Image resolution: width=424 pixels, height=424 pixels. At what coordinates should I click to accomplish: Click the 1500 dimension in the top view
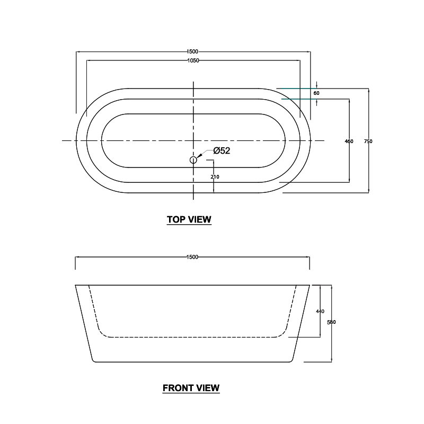(x=192, y=51)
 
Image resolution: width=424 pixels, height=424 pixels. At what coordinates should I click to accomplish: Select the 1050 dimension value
(x=192, y=61)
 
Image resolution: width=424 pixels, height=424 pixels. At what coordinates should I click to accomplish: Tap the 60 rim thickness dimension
(x=316, y=93)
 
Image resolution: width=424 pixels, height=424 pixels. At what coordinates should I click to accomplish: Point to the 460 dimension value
(x=349, y=142)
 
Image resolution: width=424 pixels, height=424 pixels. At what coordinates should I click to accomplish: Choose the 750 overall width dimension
(x=369, y=142)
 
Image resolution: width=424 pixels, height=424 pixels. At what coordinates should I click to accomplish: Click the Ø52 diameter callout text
(x=222, y=151)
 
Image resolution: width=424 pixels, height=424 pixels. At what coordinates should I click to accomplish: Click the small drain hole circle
(x=193, y=160)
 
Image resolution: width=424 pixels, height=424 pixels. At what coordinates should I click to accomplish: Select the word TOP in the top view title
(x=176, y=219)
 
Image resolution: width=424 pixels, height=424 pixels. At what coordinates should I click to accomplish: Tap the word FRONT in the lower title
(x=177, y=388)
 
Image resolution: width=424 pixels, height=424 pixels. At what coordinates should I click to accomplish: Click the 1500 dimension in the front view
(x=192, y=257)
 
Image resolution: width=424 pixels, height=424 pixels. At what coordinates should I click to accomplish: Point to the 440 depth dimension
(x=320, y=311)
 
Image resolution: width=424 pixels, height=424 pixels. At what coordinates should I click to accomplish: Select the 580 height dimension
(x=332, y=322)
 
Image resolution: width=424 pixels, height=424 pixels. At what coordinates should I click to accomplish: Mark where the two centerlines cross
(x=193, y=140)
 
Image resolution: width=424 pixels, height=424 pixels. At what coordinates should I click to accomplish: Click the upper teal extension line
(x=297, y=88)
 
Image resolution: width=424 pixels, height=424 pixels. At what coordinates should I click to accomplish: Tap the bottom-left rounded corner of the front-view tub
(x=94, y=360)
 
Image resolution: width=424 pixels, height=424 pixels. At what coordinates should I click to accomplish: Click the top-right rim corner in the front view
(x=309, y=285)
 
